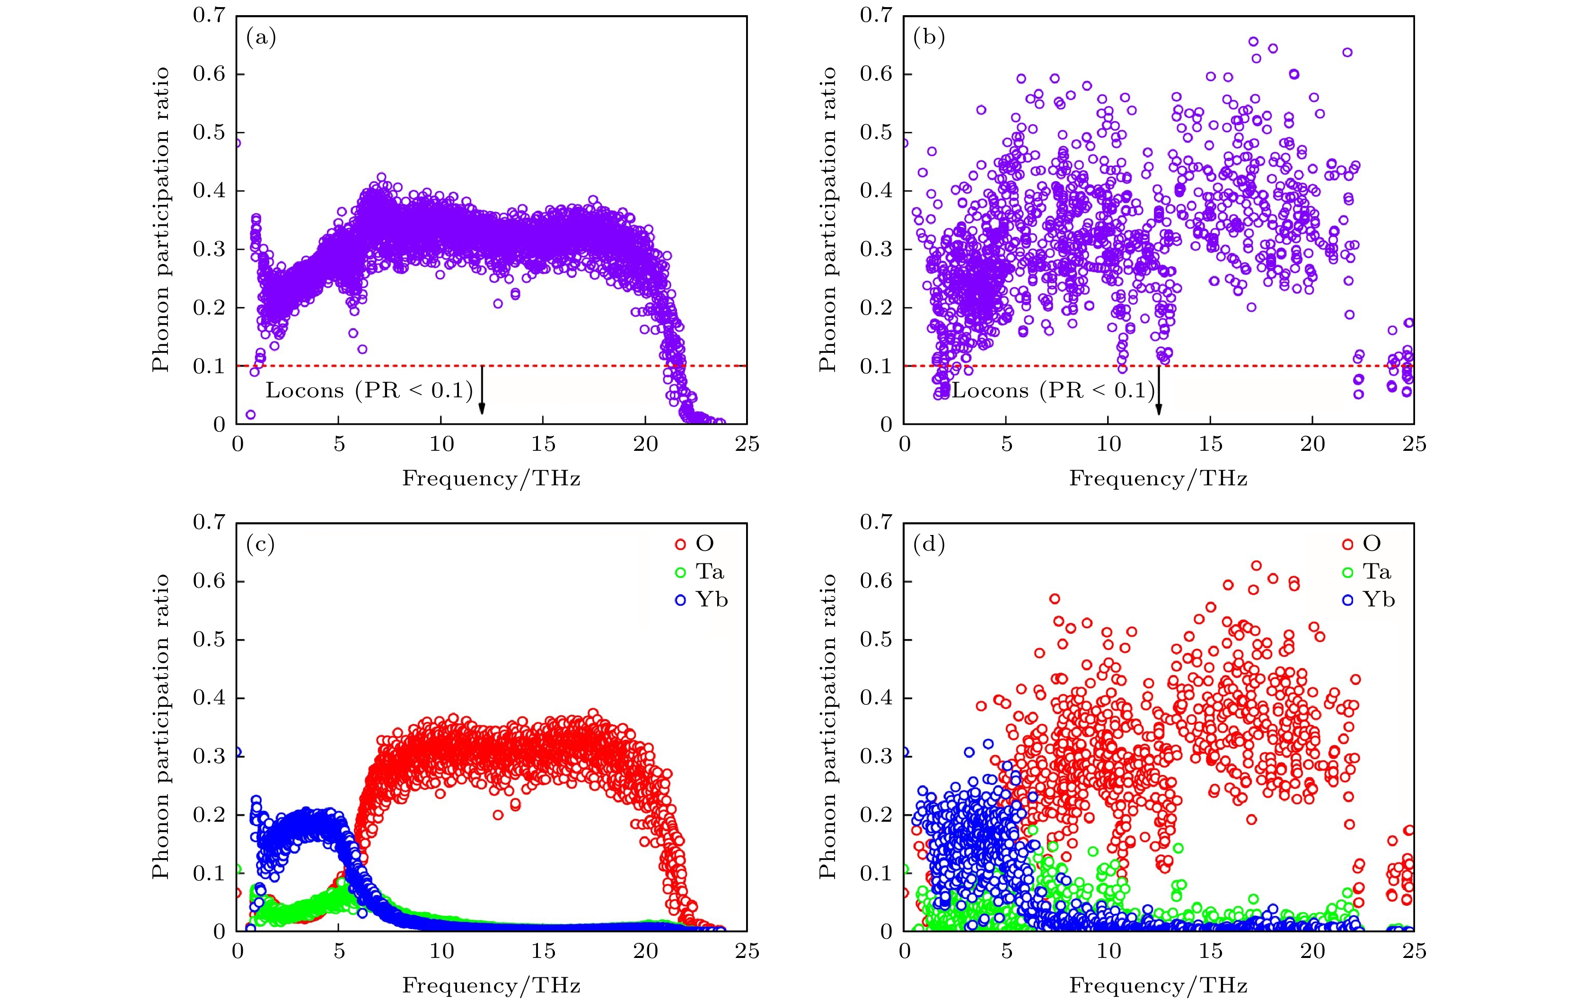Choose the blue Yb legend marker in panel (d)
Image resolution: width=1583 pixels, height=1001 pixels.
tap(1348, 600)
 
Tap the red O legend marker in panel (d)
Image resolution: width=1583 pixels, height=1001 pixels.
tap(1348, 544)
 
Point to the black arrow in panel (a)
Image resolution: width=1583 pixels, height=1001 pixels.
tap(482, 390)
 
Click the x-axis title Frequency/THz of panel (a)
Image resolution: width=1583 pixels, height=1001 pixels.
tap(491, 478)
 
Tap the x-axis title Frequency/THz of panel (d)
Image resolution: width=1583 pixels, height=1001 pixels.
tap(1158, 985)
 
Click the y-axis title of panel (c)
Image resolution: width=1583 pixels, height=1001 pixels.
tap(161, 726)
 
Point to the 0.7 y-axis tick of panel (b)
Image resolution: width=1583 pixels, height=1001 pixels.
tap(876, 15)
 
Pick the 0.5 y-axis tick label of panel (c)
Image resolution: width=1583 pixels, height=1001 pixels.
tap(209, 640)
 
